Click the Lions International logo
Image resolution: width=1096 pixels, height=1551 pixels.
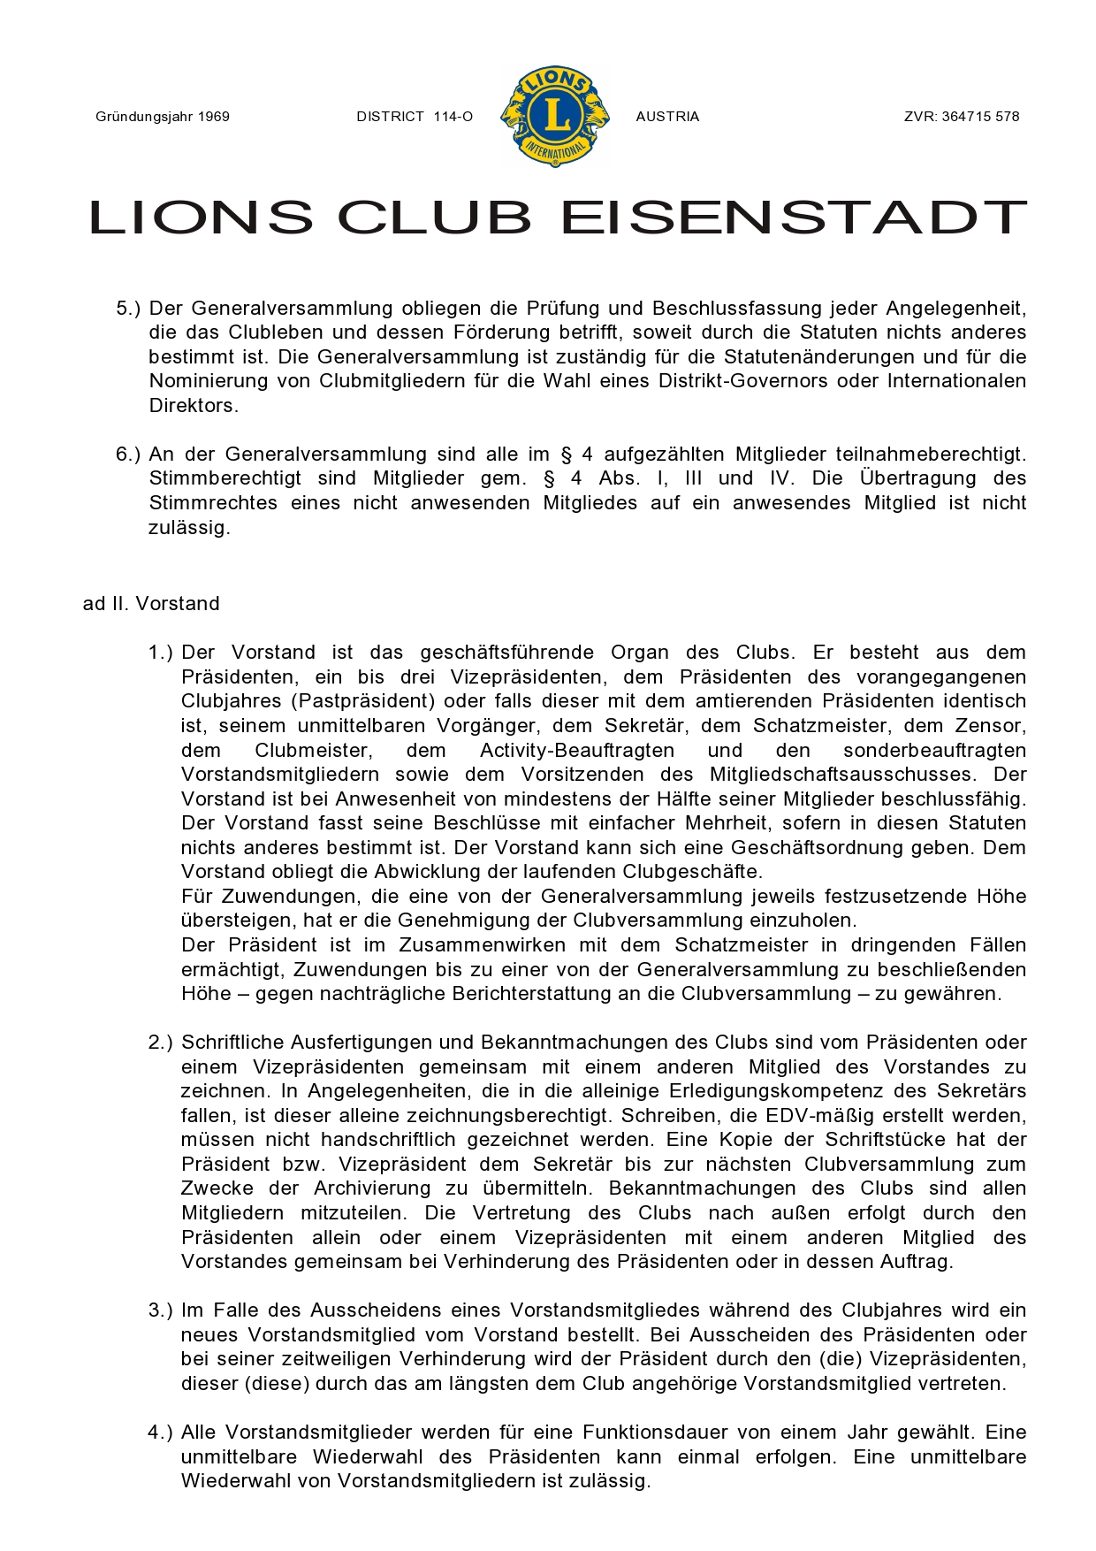(555, 116)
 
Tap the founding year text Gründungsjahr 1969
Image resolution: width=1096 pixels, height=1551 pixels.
(163, 117)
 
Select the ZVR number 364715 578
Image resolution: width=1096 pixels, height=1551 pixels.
(962, 117)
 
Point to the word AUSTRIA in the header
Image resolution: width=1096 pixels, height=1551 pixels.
(667, 117)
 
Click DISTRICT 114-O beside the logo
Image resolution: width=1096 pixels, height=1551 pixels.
(415, 117)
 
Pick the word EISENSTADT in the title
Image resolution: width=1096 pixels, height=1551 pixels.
(794, 218)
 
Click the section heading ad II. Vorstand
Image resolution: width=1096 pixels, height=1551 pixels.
(151, 604)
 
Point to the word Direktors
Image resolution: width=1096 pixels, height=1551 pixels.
(194, 406)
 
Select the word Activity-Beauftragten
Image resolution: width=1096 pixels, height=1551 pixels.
(577, 751)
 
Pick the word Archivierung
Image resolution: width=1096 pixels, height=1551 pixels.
(372, 1188)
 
